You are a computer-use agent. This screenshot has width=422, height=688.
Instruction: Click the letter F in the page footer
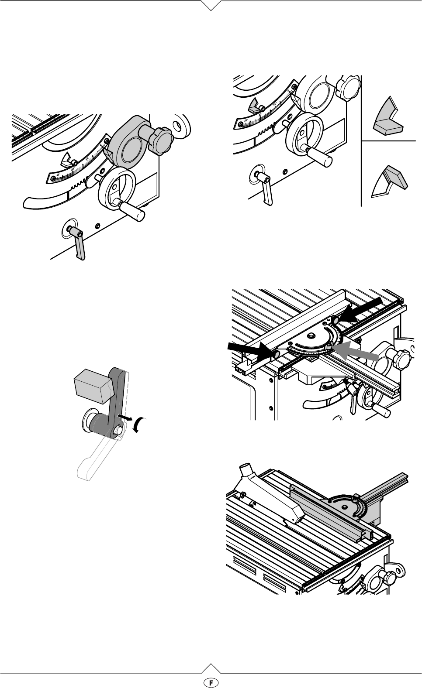(x=211, y=681)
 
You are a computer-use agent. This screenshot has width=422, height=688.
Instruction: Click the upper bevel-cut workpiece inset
(x=387, y=118)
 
